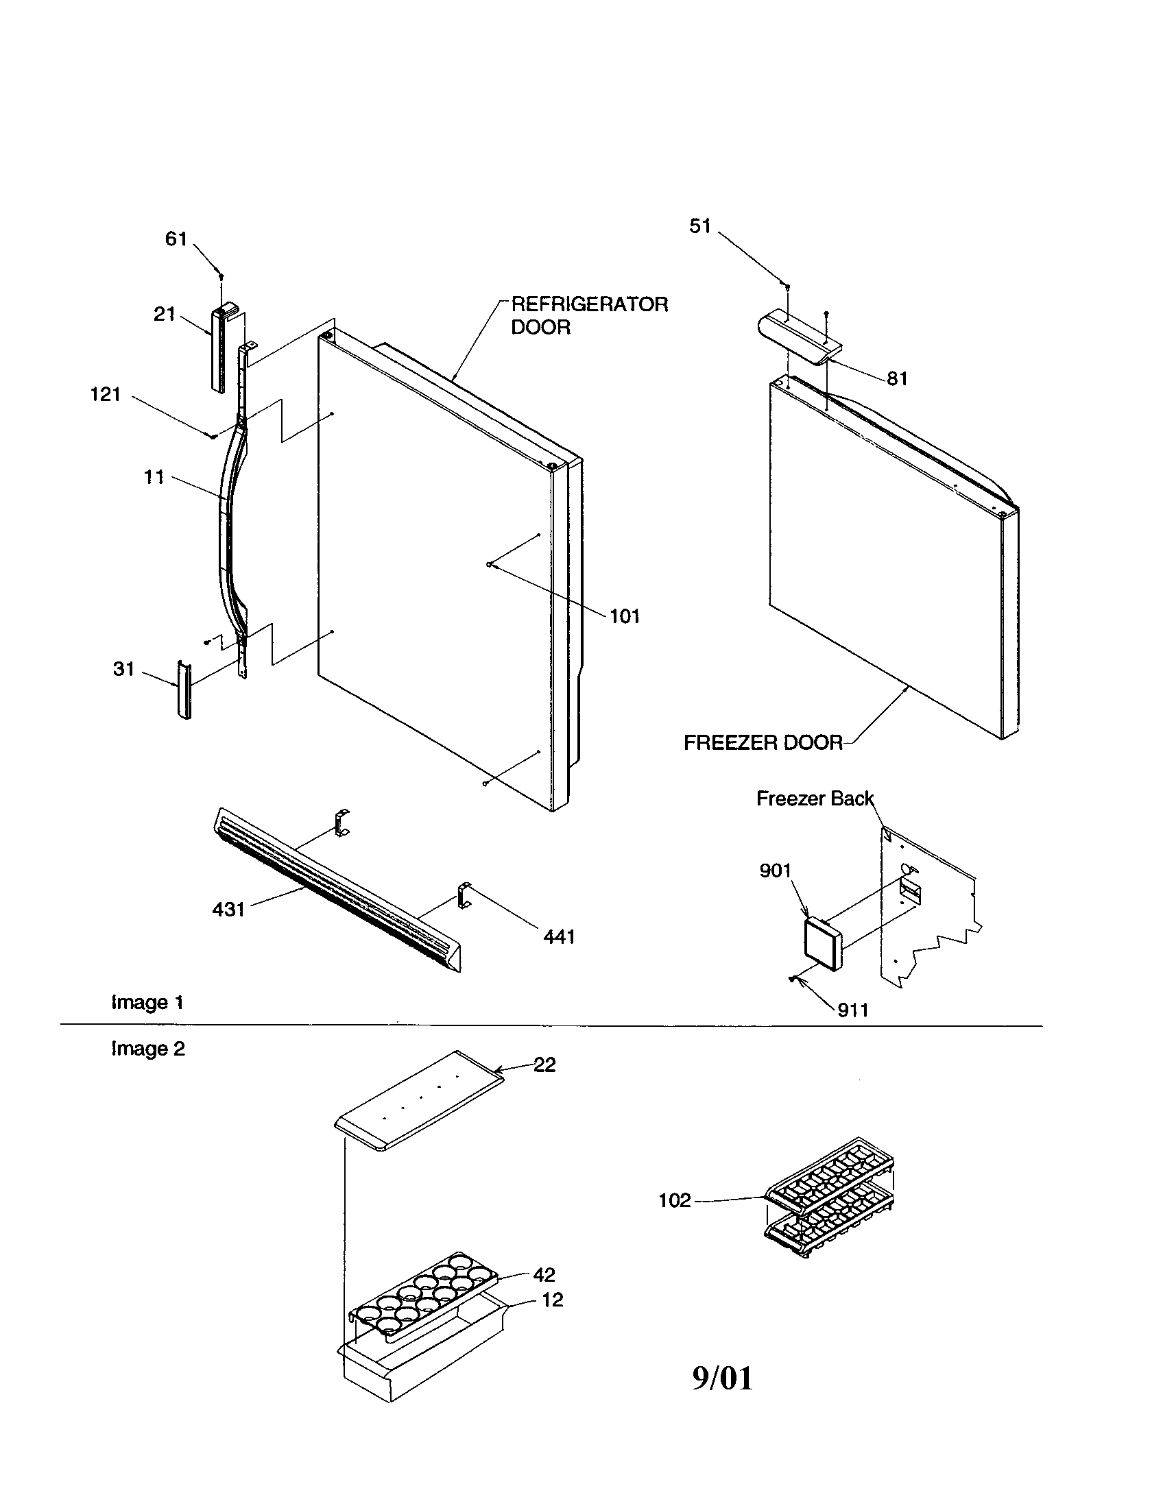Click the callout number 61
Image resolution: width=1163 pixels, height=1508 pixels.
click(x=176, y=239)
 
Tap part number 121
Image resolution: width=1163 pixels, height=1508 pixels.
click(x=106, y=395)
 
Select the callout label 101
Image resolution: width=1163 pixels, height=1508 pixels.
click(x=624, y=617)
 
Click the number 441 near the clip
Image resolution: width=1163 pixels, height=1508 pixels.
click(x=559, y=937)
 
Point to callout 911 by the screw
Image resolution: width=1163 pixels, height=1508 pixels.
click(x=852, y=1011)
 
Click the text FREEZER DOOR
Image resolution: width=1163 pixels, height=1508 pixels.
click(x=763, y=743)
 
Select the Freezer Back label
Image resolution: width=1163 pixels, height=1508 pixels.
click(x=814, y=799)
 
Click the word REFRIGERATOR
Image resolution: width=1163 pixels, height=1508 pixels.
click(x=589, y=304)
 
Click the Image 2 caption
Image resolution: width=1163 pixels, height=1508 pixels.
click(x=148, y=1049)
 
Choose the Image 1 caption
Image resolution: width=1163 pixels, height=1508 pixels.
click(x=147, y=1003)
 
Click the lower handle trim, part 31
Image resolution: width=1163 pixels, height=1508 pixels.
click(x=184, y=690)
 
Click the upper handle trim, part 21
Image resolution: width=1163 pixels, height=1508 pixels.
click(x=218, y=349)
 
